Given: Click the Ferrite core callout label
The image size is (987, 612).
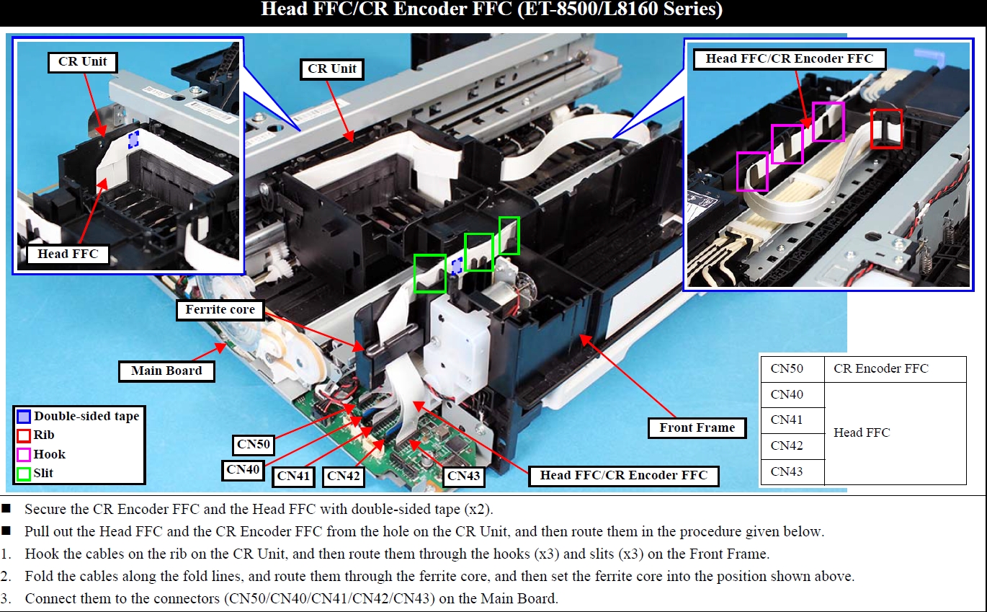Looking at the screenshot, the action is [x=220, y=309].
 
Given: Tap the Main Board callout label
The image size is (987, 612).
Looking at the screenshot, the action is [x=166, y=371].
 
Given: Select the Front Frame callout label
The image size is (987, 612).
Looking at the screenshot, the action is [x=697, y=427].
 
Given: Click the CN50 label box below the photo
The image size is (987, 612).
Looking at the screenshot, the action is [x=254, y=444].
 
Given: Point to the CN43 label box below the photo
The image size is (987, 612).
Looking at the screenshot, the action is [x=463, y=476].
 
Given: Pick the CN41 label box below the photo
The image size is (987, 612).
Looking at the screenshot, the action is [x=293, y=476].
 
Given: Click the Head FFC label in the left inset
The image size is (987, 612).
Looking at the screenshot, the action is [x=68, y=254].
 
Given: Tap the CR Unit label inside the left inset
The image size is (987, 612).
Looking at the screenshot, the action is [x=82, y=62].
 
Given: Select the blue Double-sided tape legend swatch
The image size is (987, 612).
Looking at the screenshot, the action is [x=23, y=416].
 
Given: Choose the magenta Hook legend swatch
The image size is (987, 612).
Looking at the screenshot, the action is [x=23, y=455].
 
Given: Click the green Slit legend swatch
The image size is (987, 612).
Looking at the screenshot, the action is [x=23, y=474].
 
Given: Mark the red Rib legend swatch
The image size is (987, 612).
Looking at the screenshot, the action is [x=23, y=435].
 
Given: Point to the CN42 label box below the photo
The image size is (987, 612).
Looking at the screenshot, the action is [x=343, y=476].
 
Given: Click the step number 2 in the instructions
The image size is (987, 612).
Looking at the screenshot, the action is [x=5, y=576].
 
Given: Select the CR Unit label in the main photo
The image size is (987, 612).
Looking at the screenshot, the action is [x=332, y=69].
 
